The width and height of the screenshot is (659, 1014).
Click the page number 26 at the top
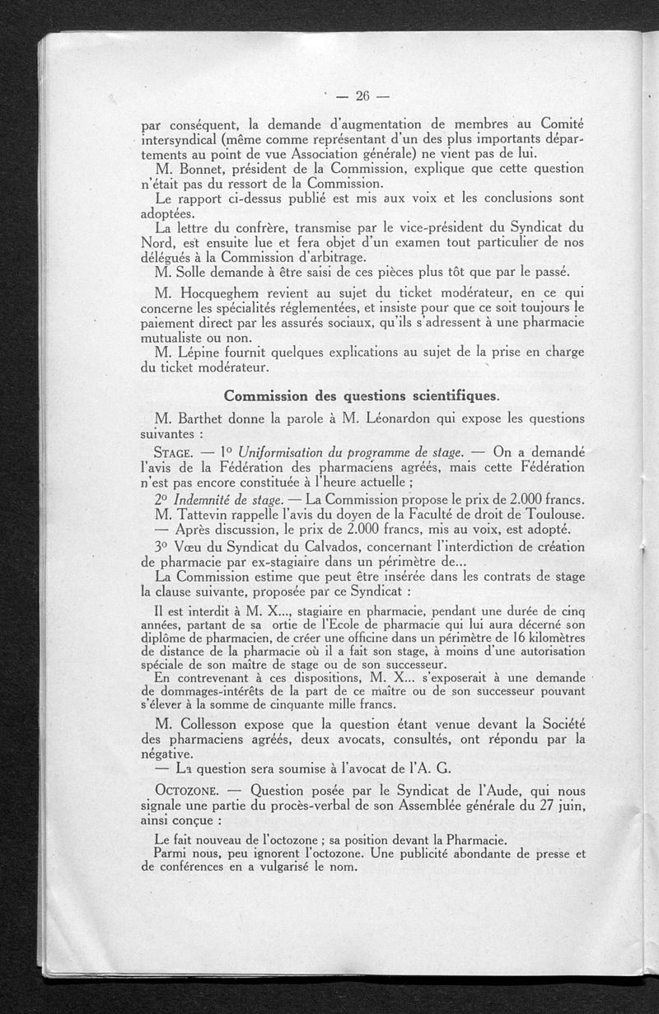coord(362,96)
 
